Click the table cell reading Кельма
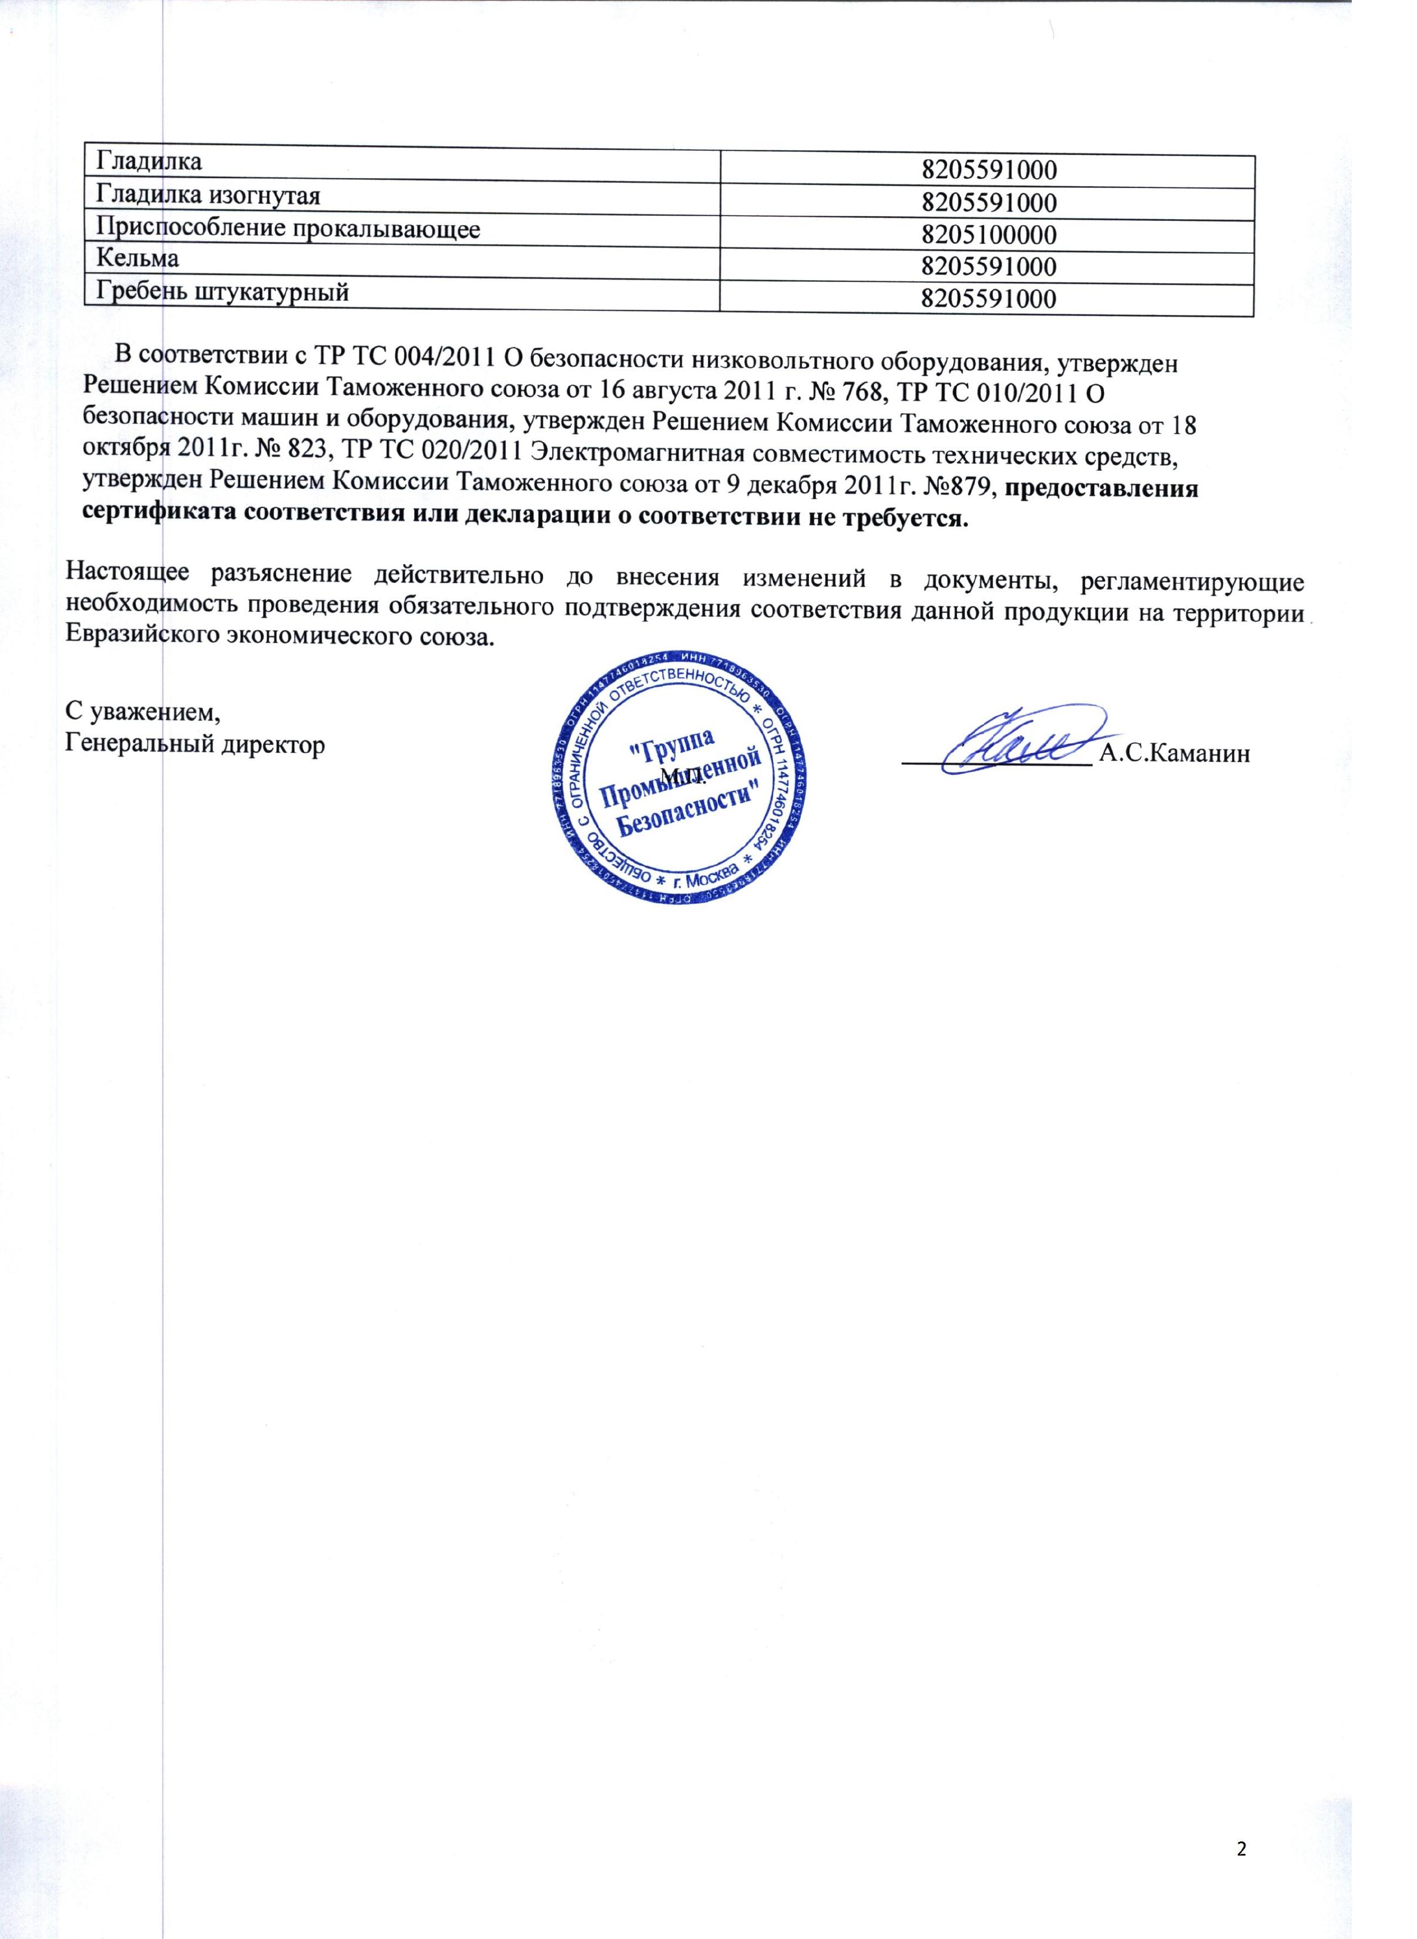(137, 257)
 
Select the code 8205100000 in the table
(988, 234)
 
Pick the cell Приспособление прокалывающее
(287, 227)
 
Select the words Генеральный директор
(196, 744)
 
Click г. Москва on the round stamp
(705, 876)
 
